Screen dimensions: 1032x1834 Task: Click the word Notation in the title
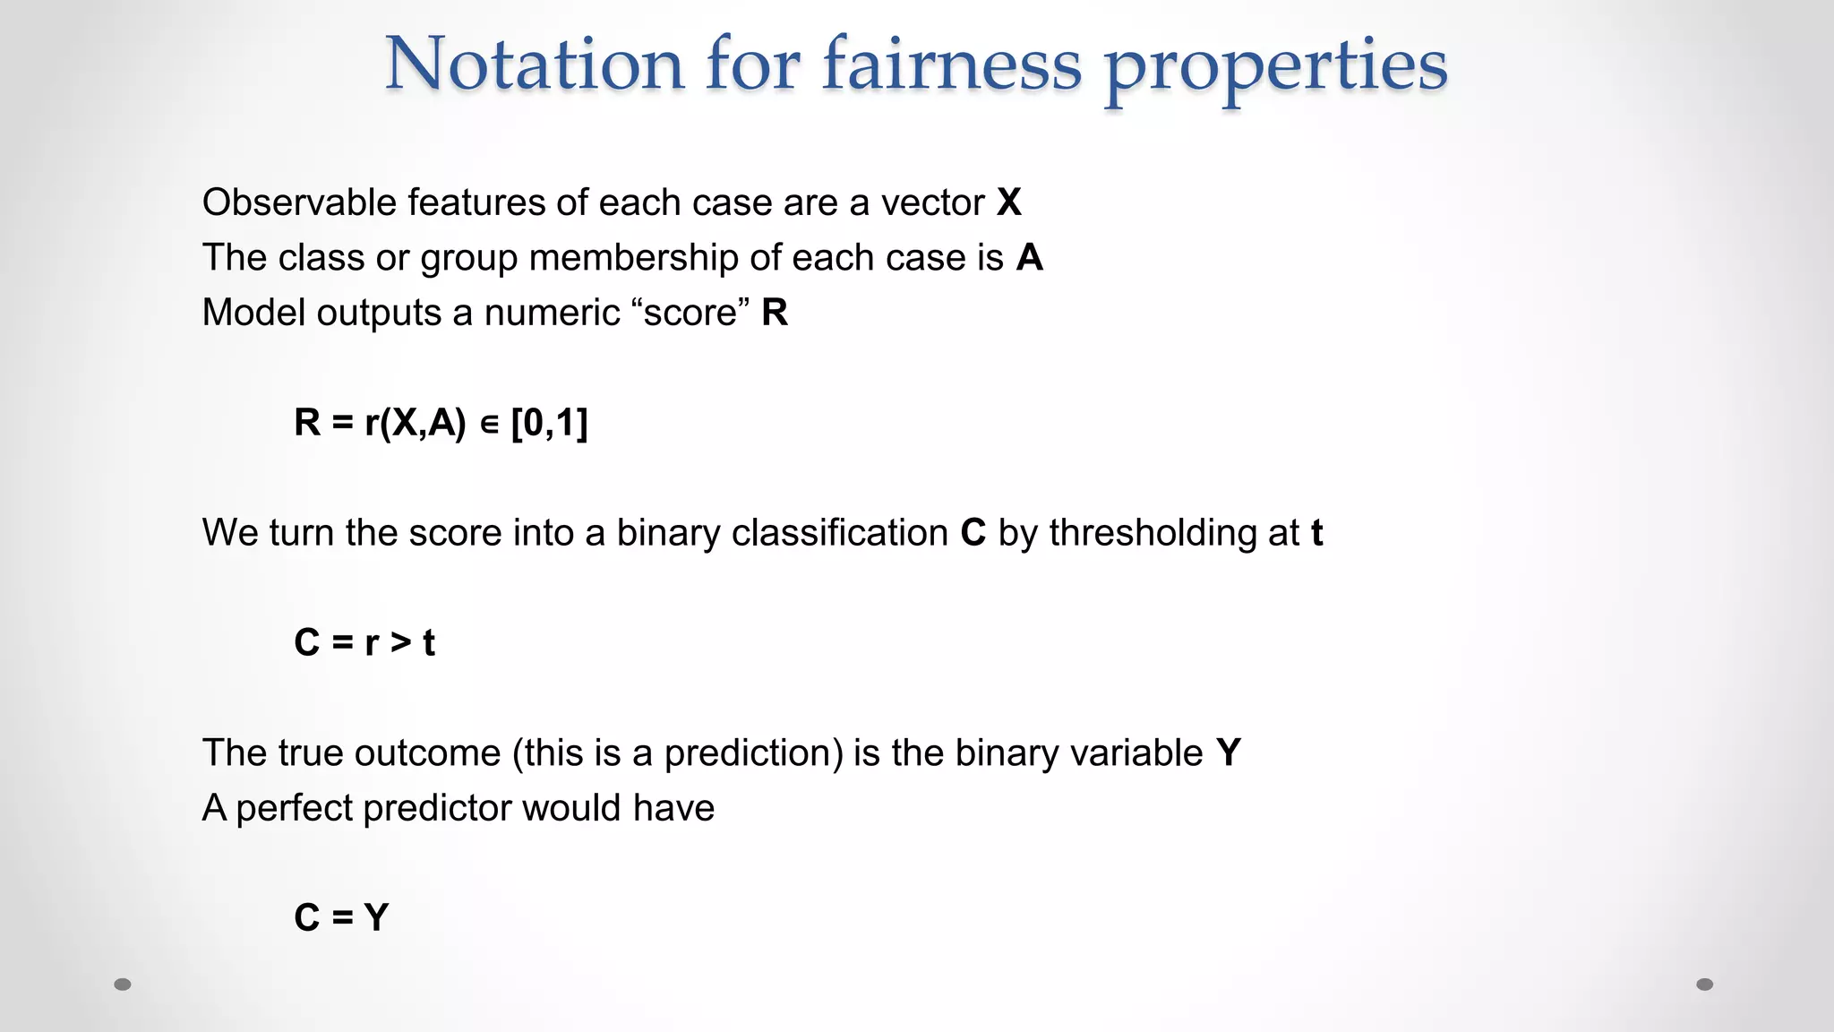(x=535, y=64)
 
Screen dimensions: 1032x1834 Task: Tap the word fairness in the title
(x=951, y=64)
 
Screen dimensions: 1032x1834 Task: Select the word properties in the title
(x=1275, y=68)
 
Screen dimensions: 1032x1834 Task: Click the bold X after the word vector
(x=1009, y=202)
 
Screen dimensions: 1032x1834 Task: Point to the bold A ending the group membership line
(x=1030, y=258)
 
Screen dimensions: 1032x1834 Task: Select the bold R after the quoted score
(x=775, y=313)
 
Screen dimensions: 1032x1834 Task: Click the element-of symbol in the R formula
(x=489, y=424)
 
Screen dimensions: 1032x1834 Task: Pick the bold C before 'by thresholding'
(x=973, y=533)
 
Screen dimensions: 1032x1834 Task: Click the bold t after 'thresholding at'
(x=1316, y=533)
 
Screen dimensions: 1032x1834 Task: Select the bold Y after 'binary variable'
(x=1229, y=752)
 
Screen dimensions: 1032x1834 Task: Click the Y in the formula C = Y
(x=377, y=917)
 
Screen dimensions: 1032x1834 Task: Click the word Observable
(x=299, y=202)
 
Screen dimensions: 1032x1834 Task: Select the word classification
(x=840, y=533)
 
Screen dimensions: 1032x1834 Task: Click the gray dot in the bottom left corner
(x=123, y=985)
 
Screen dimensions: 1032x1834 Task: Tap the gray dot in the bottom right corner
(x=1705, y=985)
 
